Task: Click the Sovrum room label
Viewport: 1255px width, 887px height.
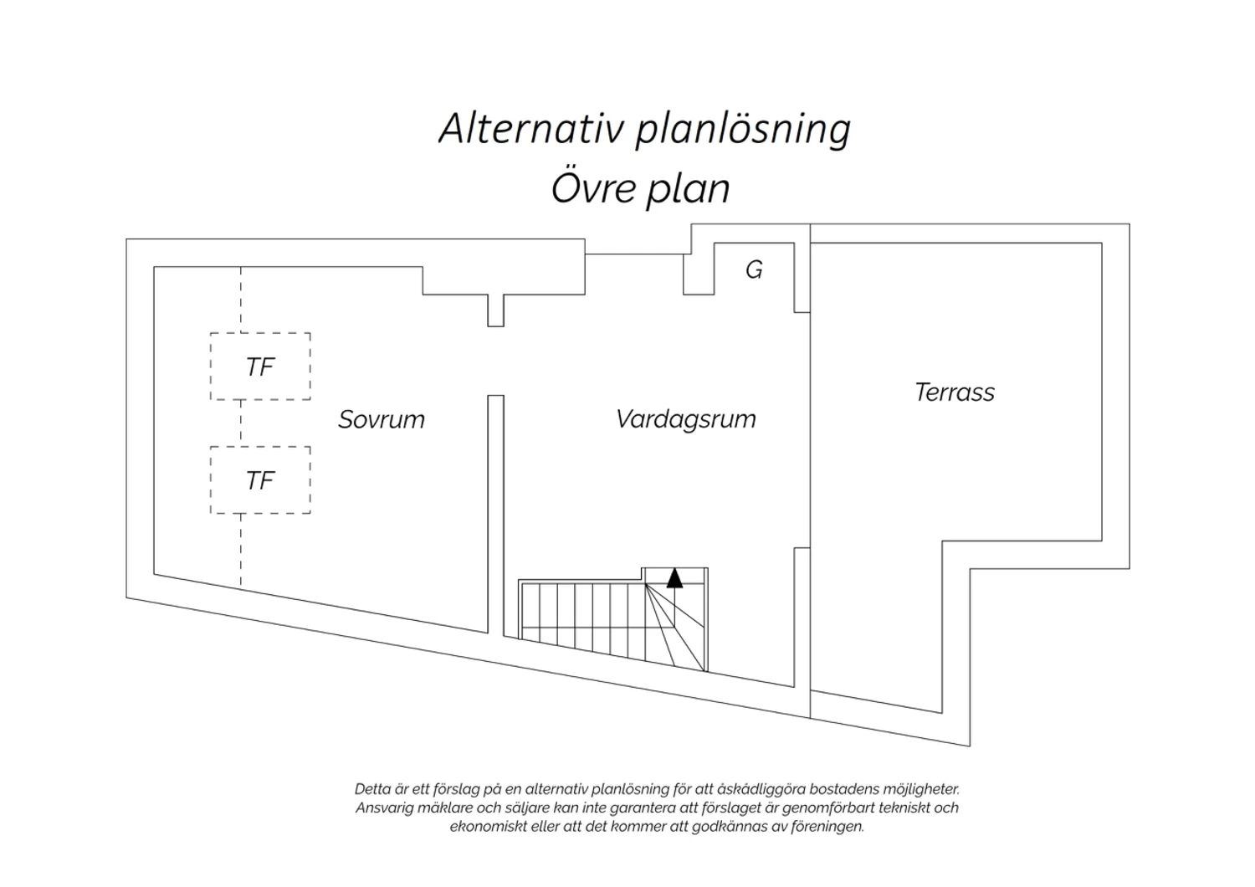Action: click(382, 420)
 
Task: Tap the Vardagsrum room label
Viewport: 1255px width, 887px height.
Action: click(686, 420)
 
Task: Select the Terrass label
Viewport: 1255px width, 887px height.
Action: click(955, 392)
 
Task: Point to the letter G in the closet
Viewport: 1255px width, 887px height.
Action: click(754, 270)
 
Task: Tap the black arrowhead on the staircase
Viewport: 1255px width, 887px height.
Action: click(674, 577)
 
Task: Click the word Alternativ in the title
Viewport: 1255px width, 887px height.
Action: click(531, 129)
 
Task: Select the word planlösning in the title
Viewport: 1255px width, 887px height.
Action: click(744, 131)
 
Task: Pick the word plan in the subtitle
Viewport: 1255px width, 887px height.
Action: click(689, 191)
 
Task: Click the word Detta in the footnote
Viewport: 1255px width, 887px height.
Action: click(373, 789)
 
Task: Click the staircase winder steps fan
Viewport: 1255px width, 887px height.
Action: click(675, 627)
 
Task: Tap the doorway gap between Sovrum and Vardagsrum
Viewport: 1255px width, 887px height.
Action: click(495, 361)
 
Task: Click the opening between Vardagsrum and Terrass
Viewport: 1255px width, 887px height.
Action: click(802, 430)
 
